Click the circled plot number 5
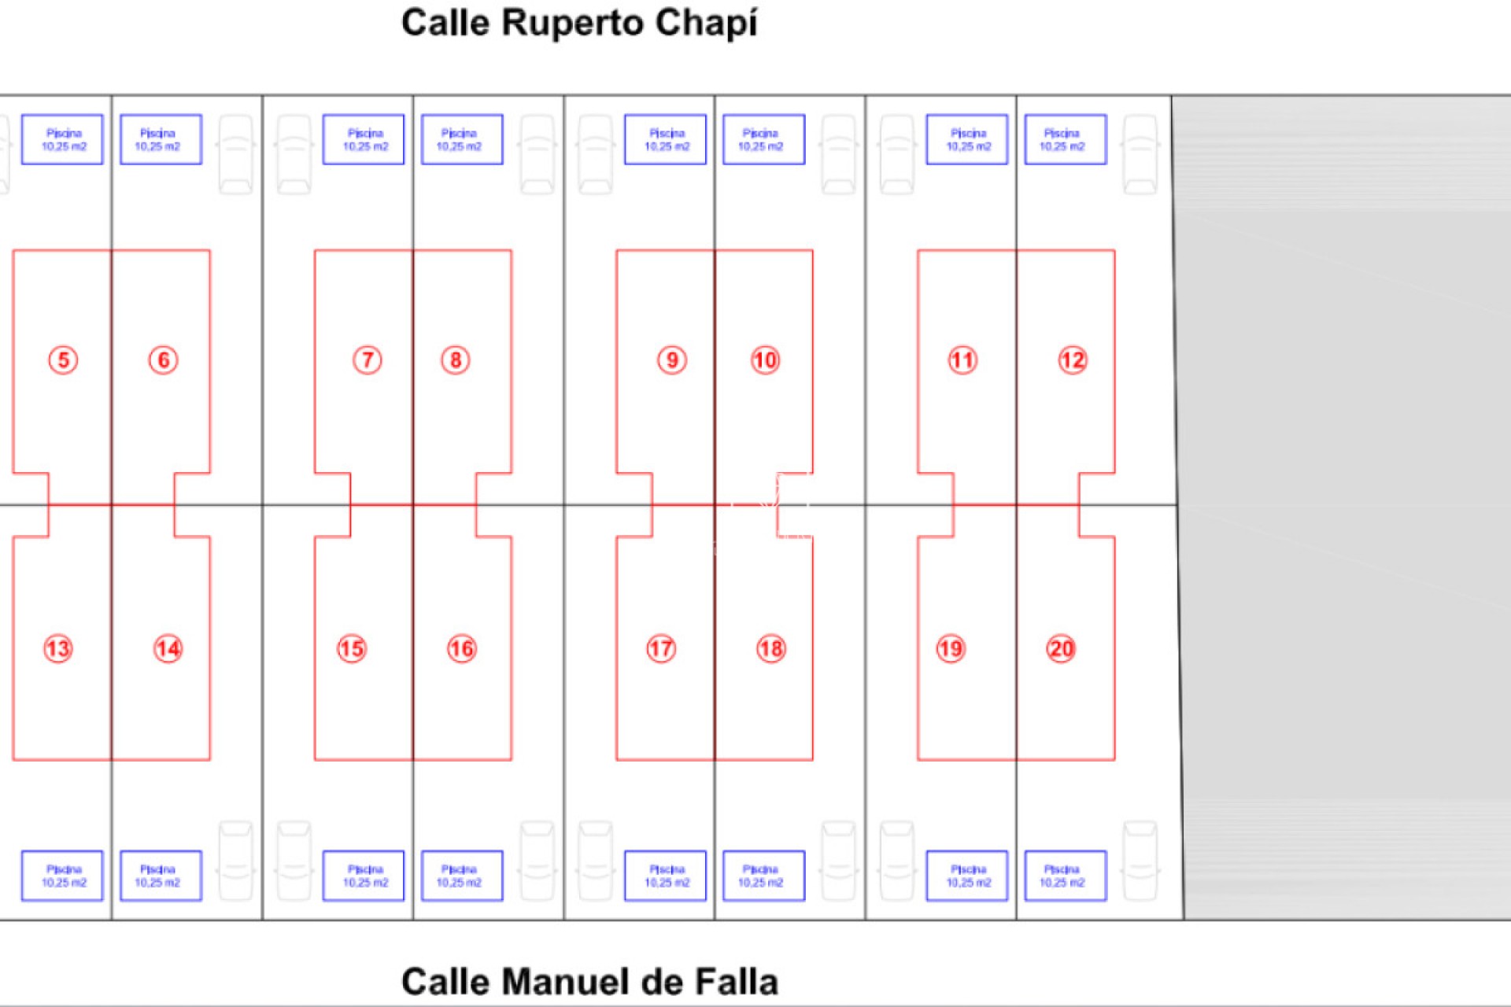coord(63,360)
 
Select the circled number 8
coord(456,360)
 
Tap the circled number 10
coord(765,360)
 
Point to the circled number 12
coord(1072,360)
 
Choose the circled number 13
coord(58,649)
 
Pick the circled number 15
coord(352,649)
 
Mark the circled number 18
coord(771,649)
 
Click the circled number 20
coord(1061,649)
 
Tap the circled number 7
coord(367,360)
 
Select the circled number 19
coord(951,649)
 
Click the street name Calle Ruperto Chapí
coord(579,23)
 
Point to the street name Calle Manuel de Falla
coord(589,982)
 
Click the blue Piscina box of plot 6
coord(161,139)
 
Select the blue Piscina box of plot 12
coord(1065,139)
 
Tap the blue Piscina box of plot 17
coord(665,876)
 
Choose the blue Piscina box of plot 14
coord(161,876)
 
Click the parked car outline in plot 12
coord(1140,154)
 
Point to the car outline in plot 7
coord(294,154)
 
